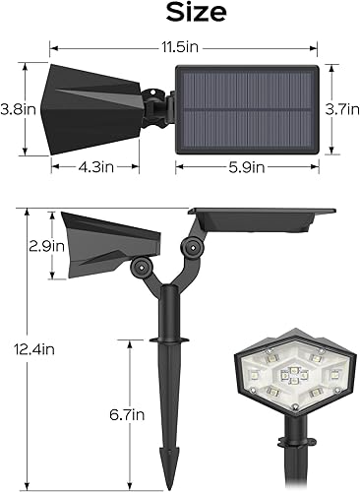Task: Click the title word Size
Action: click(x=180, y=13)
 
